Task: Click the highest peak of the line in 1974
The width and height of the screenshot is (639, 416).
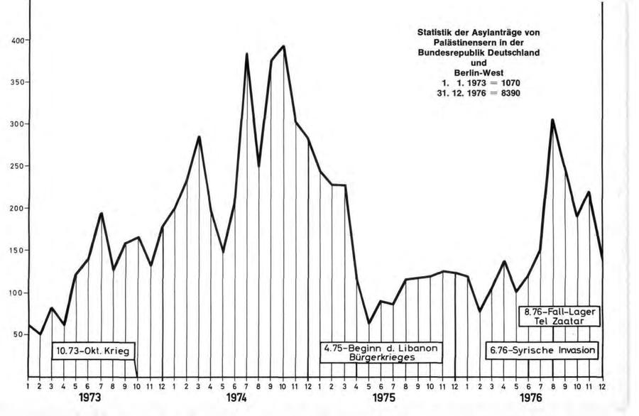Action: tap(283, 46)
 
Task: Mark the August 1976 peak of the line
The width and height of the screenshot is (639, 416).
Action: tap(552, 120)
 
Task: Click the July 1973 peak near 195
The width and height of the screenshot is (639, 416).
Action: tap(101, 213)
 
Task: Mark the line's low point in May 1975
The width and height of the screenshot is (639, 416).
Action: tap(368, 323)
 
